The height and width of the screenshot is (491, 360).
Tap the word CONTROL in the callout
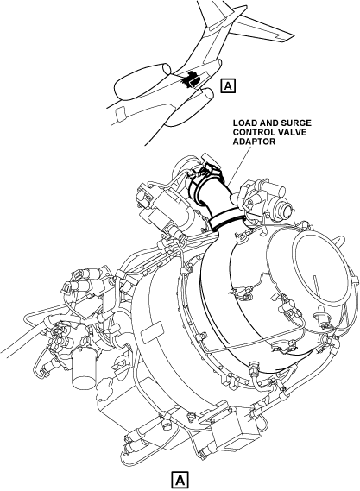pyautogui.click(x=253, y=132)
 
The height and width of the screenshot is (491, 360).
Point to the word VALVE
pyautogui.click(x=292, y=132)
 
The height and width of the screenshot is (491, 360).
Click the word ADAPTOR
pyautogui.click(x=254, y=142)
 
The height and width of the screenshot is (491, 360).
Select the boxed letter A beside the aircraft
pyautogui.click(x=228, y=85)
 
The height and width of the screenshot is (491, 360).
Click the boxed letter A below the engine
pyautogui.click(x=180, y=479)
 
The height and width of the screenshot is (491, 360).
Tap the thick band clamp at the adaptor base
pyautogui.click(x=226, y=219)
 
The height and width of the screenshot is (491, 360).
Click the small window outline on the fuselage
pyautogui.click(x=120, y=113)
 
